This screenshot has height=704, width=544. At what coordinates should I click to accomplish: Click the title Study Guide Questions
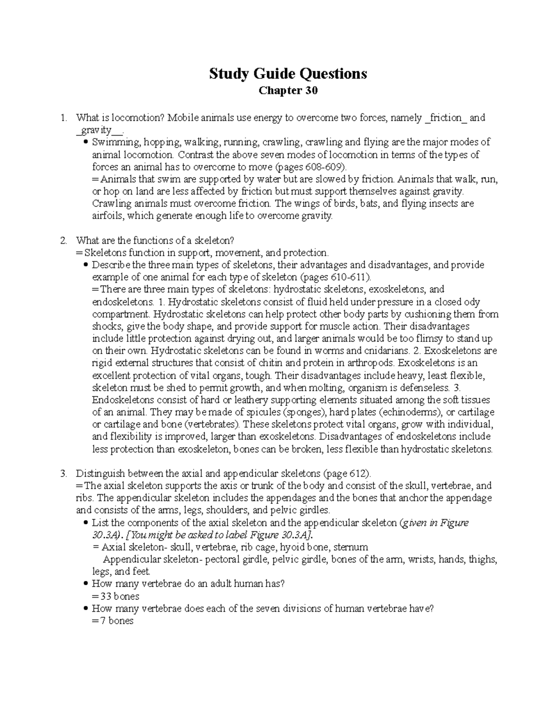click(288, 73)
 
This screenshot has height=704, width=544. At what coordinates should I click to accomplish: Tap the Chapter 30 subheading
click(288, 91)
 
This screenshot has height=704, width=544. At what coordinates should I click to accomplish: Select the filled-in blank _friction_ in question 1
click(447, 118)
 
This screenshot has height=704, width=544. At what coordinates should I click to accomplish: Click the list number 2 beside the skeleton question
click(64, 240)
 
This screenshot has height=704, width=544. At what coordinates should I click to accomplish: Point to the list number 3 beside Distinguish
click(64, 474)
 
